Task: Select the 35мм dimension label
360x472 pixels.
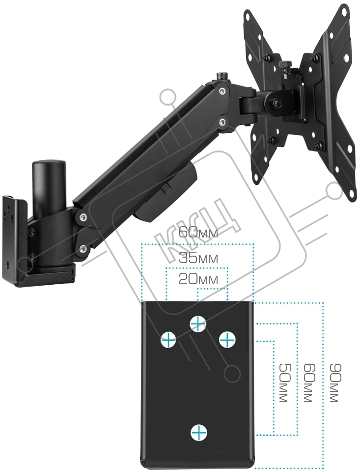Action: [x=198, y=258]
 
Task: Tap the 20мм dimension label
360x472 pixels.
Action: [x=198, y=280]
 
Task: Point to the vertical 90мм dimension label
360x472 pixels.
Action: [x=335, y=383]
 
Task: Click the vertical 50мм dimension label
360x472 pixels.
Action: [x=284, y=383]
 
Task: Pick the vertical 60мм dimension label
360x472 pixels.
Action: [x=309, y=383]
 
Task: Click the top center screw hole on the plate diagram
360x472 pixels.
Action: [x=198, y=324]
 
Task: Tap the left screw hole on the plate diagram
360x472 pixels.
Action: [x=168, y=340]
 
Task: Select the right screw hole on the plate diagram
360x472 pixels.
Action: [x=227, y=340]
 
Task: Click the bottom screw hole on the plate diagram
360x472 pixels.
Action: [x=199, y=433]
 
